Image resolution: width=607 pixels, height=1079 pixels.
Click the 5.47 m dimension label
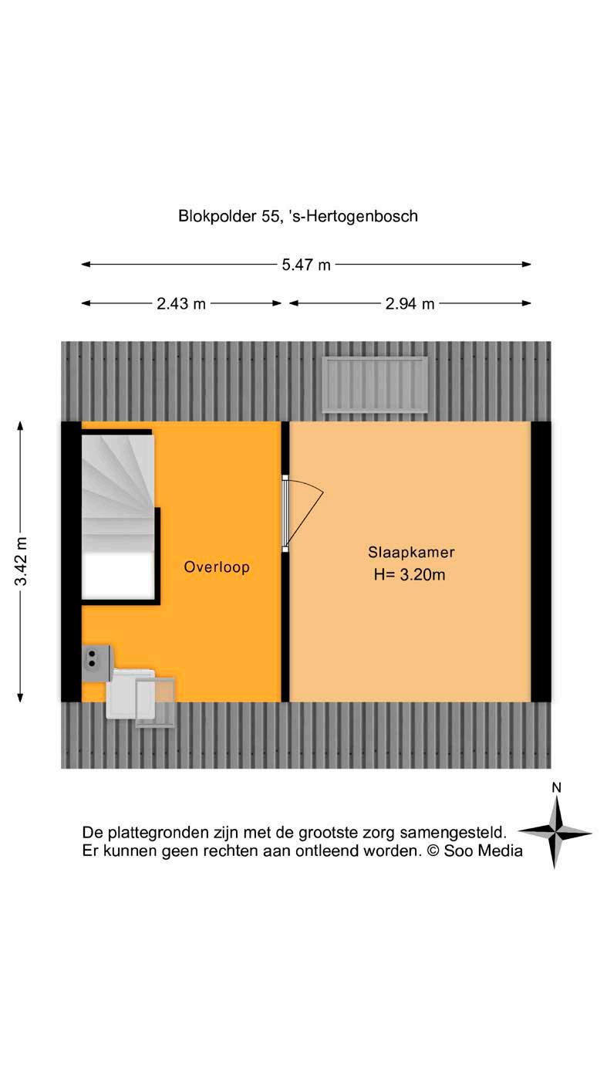click(306, 265)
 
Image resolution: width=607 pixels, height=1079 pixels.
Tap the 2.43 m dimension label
click(181, 303)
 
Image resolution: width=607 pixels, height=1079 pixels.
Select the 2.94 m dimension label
click(410, 303)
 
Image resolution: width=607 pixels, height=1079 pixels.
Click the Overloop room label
click(217, 567)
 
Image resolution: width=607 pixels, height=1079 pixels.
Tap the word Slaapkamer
click(411, 553)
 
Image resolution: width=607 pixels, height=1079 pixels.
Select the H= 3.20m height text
click(411, 574)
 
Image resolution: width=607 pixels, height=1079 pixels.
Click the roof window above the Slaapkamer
click(375, 384)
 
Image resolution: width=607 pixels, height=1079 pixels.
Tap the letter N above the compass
click(555, 788)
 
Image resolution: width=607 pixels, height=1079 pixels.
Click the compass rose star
click(555, 832)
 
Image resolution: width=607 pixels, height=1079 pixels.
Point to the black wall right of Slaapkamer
click(541, 561)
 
